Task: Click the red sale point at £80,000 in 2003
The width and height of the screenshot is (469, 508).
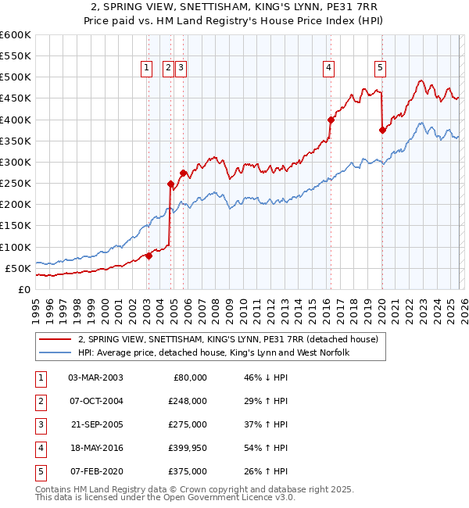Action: (x=149, y=256)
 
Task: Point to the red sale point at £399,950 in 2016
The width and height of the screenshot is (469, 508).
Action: (x=331, y=120)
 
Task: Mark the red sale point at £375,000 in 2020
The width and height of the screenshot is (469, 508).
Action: (x=382, y=131)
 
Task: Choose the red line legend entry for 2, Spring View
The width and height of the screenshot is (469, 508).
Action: (x=227, y=339)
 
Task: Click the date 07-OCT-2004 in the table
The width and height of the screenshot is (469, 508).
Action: (x=95, y=401)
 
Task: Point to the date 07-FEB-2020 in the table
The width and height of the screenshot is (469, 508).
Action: (x=95, y=471)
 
